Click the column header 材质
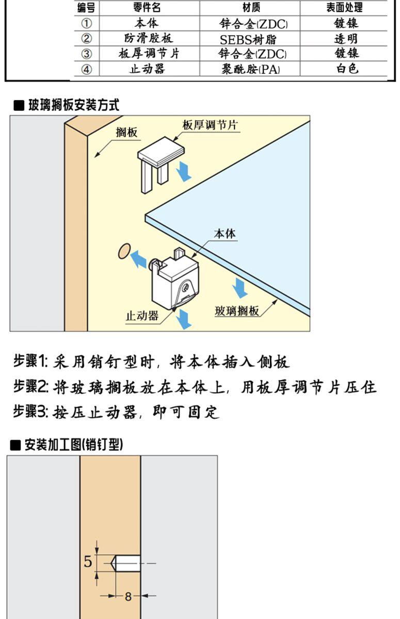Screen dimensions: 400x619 click(251, 7)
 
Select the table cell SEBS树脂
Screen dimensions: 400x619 click(251, 39)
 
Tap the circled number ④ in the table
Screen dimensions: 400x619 click(87, 69)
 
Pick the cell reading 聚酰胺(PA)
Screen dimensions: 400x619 click(251, 69)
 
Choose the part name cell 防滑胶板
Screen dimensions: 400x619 click(149, 39)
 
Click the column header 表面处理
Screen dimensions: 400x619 click(344, 7)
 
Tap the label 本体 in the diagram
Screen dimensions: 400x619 click(224, 234)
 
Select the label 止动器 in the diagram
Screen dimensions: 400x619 click(142, 316)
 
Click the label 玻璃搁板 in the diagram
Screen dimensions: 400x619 click(237, 311)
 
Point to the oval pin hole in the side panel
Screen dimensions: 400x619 click(123, 252)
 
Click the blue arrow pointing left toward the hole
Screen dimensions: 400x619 click(138, 259)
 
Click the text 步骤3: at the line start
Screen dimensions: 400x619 click(30, 412)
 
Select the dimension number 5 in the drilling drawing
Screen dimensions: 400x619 click(88, 561)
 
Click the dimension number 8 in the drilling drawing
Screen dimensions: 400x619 click(128, 597)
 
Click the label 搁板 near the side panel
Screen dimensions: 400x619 click(127, 133)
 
